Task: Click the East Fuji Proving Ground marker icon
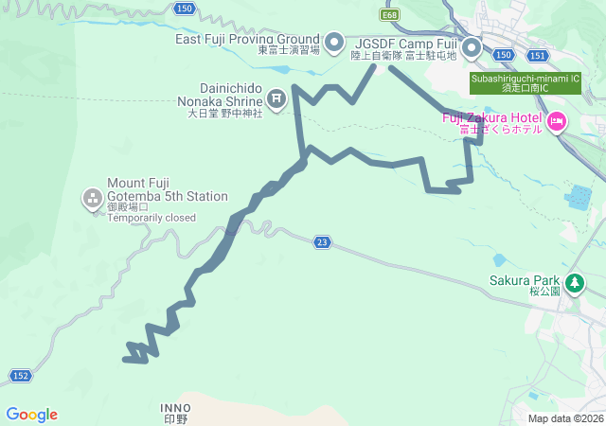click(333, 43)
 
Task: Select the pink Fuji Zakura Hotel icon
click(556, 120)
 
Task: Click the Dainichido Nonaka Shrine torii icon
click(276, 98)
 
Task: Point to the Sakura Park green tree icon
click(574, 282)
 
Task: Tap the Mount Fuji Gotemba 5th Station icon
click(92, 198)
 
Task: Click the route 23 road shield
click(323, 243)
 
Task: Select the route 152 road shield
click(21, 376)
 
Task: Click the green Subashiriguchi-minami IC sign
click(526, 83)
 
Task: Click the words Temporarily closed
click(151, 218)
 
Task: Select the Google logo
click(31, 415)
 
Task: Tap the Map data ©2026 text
click(564, 418)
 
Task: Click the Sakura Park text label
click(526, 280)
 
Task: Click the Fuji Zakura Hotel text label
click(492, 117)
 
